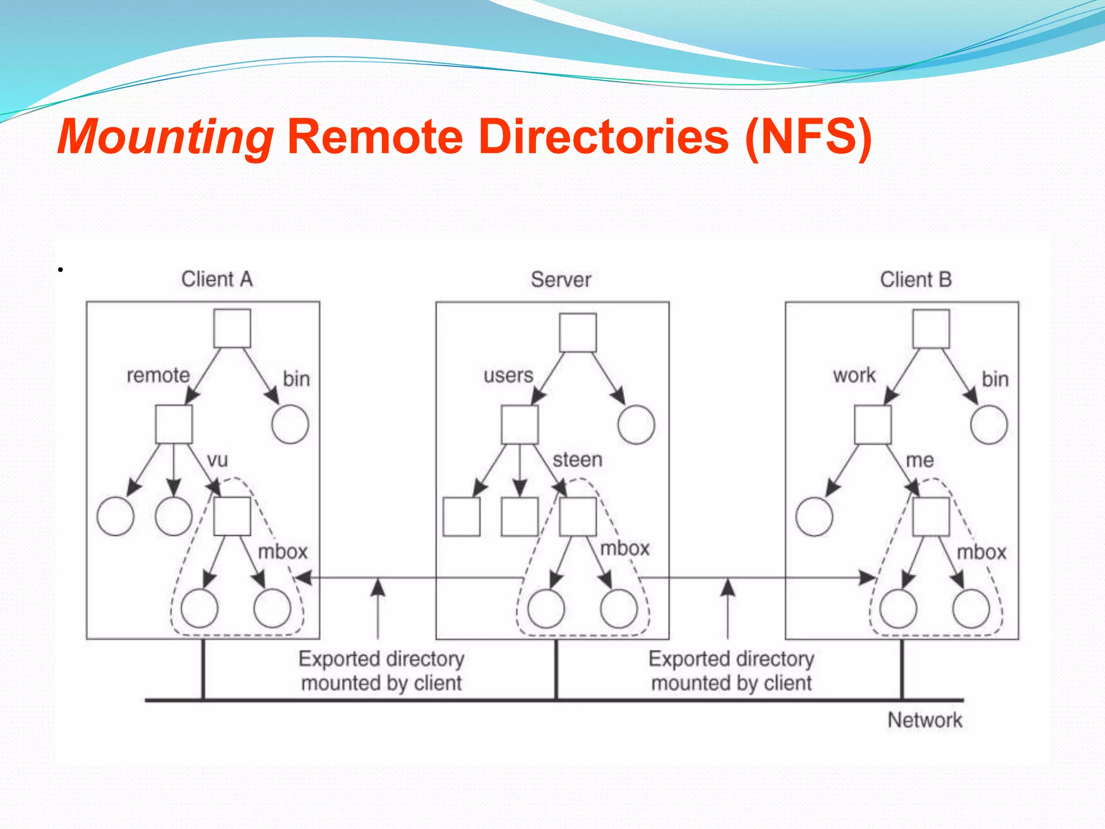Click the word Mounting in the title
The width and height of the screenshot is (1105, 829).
[x=165, y=138]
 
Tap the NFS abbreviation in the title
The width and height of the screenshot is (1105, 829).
[x=808, y=138]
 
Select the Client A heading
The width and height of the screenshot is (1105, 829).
[x=217, y=280]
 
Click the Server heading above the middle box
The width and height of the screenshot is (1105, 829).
[x=561, y=280]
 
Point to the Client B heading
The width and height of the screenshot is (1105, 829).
[x=916, y=280]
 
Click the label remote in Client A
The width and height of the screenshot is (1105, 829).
[x=158, y=376]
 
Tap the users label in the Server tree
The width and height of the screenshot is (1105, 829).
[x=508, y=376]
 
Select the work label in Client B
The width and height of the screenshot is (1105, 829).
[x=854, y=376]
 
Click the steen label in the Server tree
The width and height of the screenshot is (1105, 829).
[x=577, y=460]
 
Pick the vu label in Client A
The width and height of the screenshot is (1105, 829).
[x=217, y=460]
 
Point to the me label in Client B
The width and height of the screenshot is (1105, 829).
[x=919, y=460]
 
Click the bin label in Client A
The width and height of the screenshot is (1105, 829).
[x=296, y=379]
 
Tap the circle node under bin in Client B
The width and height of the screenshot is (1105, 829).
[x=988, y=425]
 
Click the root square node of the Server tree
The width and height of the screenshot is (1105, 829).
[x=578, y=333]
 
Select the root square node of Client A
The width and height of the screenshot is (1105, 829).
[x=232, y=329]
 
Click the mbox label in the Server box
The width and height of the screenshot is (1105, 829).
[x=625, y=549]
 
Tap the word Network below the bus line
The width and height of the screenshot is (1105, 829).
[x=925, y=721]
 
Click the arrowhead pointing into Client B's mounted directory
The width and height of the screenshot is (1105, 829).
[x=867, y=578]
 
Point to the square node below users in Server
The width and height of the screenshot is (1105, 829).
[x=520, y=425]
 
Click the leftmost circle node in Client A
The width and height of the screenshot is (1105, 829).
[x=115, y=517]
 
